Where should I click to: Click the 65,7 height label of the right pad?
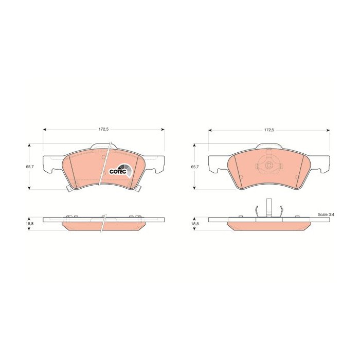pos(194,167)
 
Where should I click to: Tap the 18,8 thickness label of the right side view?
pos(194,225)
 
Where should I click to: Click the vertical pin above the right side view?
pos(268,207)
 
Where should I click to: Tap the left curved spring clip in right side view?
pos(257,211)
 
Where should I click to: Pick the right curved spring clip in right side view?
pos(280,211)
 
